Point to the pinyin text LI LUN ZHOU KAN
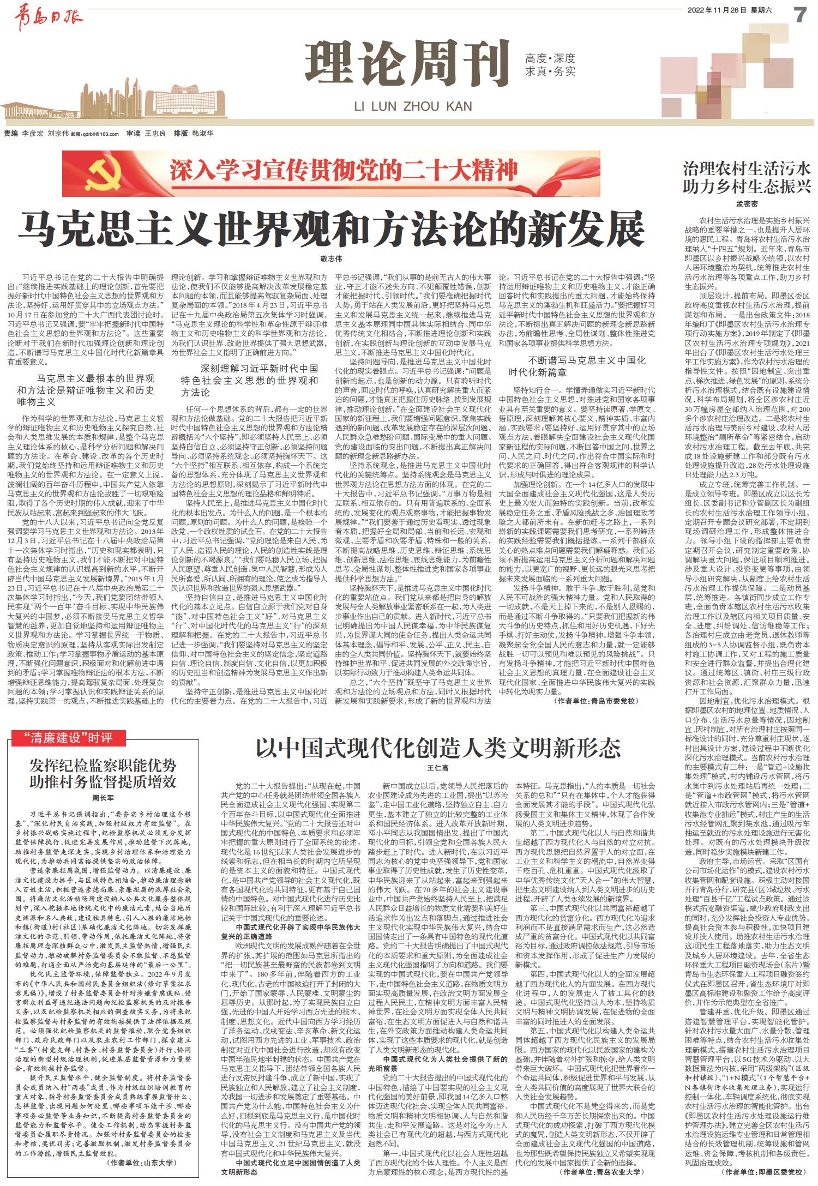(x=413, y=105)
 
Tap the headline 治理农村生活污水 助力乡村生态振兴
(x=747, y=176)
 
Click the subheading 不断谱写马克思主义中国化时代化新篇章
(x=577, y=366)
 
